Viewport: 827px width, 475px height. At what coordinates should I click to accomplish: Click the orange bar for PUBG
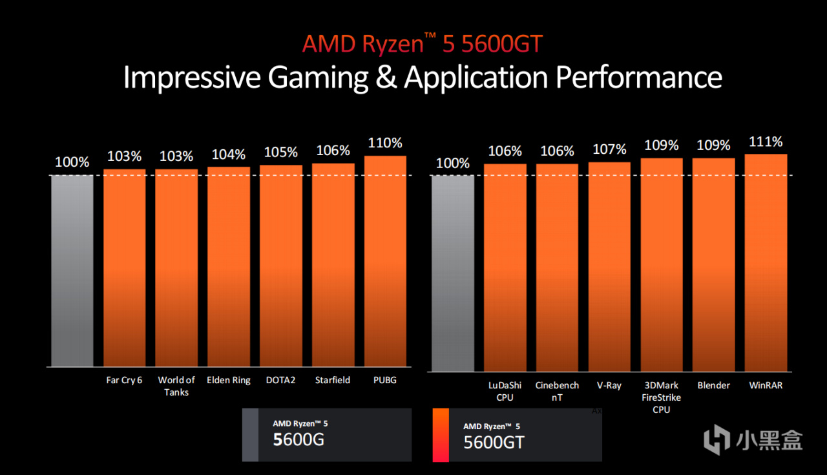click(385, 261)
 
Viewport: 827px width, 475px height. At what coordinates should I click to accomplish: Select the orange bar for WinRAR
click(766, 262)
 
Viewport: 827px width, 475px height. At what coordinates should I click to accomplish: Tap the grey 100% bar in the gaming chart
click(72, 271)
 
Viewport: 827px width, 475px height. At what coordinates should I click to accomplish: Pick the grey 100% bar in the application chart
click(452, 273)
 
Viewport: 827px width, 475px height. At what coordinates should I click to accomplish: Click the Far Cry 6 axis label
click(124, 380)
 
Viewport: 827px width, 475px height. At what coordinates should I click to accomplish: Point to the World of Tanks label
click(176, 386)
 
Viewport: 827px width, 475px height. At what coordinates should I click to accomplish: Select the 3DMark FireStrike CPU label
click(661, 397)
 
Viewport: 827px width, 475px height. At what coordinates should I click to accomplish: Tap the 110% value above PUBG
click(385, 143)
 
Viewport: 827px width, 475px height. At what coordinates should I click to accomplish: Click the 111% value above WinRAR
click(766, 141)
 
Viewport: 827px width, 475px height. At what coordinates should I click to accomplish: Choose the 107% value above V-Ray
click(609, 149)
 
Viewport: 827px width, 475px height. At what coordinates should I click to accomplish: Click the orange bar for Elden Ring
click(229, 266)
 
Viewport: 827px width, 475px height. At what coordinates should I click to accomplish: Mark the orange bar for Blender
click(713, 264)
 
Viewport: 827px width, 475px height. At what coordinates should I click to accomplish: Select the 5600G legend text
click(298, 440)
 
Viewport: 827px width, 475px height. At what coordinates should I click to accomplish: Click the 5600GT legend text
click(494, 442)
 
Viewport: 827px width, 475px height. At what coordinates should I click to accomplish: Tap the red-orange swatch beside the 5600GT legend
click(440, 435)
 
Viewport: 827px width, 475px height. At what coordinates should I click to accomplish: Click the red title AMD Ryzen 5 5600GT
click(422, 44)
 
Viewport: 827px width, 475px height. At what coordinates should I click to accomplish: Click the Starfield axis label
click(333, 380)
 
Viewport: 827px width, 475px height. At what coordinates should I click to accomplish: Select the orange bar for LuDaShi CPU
click(505, 268)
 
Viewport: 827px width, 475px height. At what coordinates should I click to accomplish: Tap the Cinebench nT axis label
click(557, 391)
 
